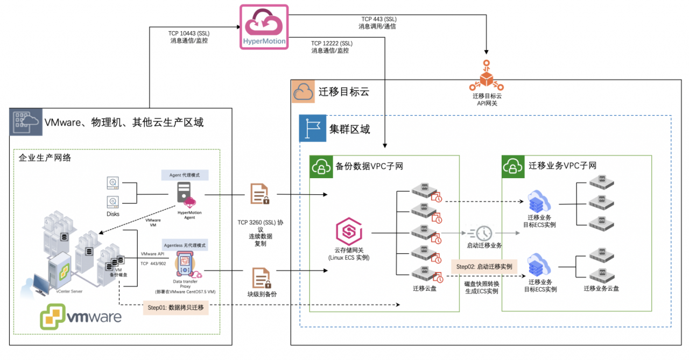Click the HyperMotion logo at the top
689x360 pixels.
[x=264, y=27]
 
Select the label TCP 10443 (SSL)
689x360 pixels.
[x=188, y=33]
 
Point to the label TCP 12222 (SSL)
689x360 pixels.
[x=332, y=43]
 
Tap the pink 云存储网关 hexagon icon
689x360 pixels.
[x=348, y=232]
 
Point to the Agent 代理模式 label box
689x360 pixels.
[x=185, y=175]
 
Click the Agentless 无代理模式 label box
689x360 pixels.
[x=185, y=245]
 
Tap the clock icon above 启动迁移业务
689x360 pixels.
[x=483, y=232]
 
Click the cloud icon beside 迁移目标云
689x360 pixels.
[x=303, y=91]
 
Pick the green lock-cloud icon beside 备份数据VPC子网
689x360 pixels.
[x=321, y=166]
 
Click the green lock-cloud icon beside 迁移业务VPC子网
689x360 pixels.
[x=514, y=166]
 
